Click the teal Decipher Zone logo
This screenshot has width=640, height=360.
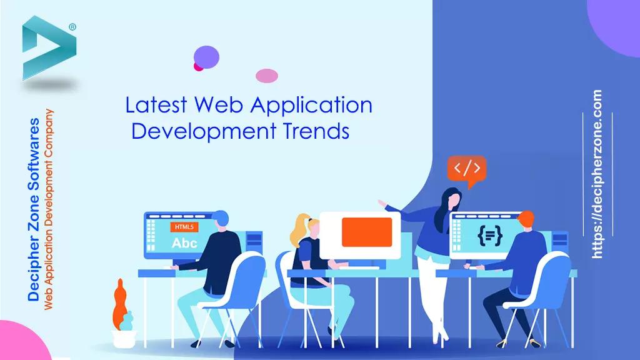(x=47, y=49)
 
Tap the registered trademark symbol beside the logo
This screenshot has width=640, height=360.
(x=72, y=27)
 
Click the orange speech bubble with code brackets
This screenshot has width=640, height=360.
(x=466, y=168)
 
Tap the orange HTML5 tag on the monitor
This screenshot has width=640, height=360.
(x=184, y=227)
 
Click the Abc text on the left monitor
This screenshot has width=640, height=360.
(x=184, y=242)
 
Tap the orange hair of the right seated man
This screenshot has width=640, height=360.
(x=526, y=219)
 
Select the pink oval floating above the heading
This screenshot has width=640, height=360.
(x=267, y=76)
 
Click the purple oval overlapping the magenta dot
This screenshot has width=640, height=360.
(x=207, y=56)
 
